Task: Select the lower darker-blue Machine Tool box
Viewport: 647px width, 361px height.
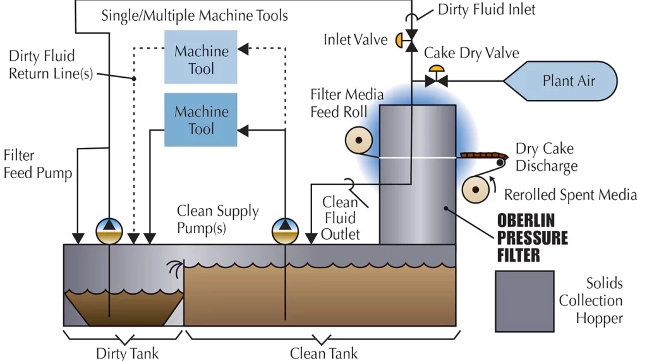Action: click(x=201, y=119)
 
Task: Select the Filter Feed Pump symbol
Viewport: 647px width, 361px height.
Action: click(x=109, y=231)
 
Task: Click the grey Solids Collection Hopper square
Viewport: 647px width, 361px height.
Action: click(x=524, y=301)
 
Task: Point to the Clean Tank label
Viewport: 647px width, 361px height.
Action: click(x=323, y=353)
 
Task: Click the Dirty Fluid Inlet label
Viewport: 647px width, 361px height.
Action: click(x=487, y=10)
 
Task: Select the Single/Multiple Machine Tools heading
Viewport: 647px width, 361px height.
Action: click(x=195, y=15)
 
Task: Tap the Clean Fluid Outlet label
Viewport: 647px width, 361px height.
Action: click(x=341, y=218)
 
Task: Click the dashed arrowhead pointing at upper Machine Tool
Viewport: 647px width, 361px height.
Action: click(x=243, y=47)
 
